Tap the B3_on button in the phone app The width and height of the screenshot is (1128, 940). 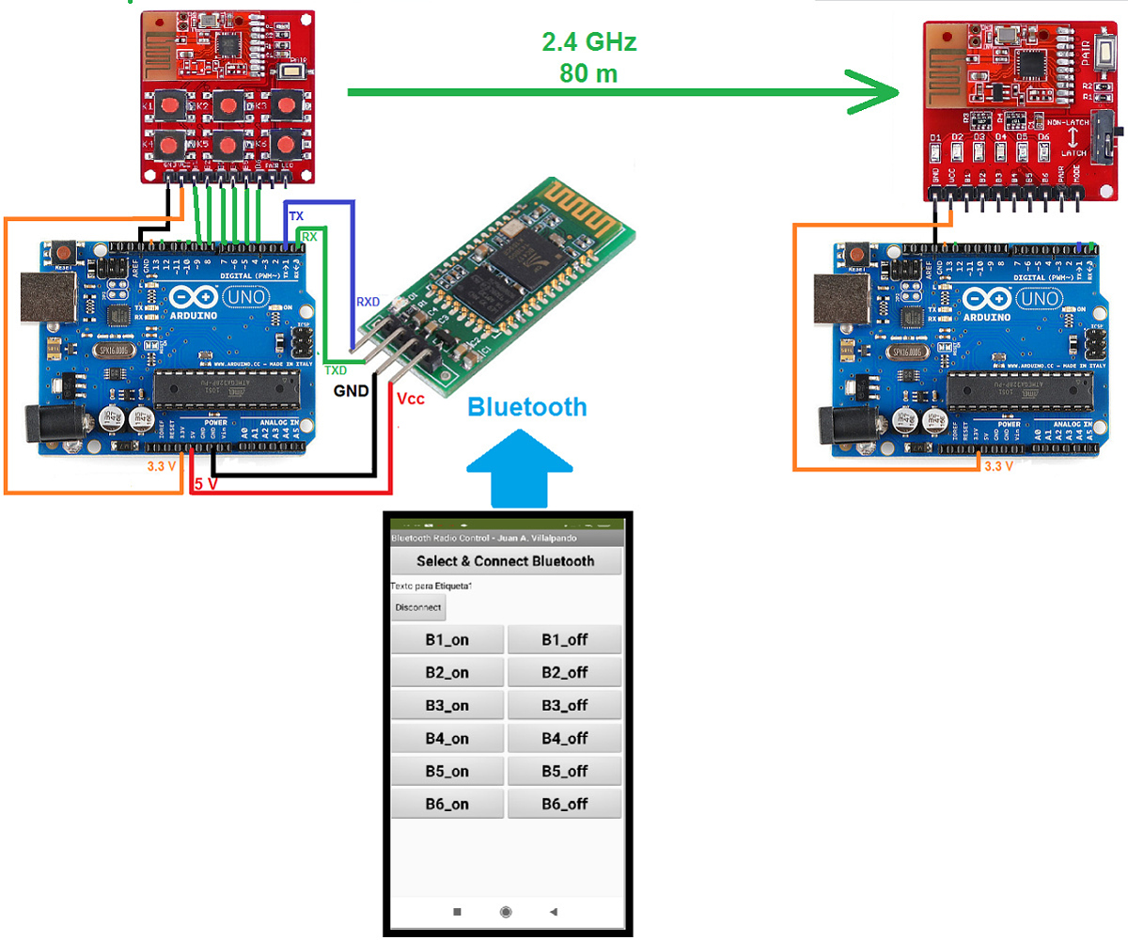click(446, 705)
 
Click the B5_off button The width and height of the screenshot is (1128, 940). click(564, 771)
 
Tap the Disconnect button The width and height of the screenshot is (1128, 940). click(418, 607)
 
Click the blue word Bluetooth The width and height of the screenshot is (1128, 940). click(527, 407)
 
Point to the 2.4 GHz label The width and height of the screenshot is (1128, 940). click(589, 42)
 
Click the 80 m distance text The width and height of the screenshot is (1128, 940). click(589, 73)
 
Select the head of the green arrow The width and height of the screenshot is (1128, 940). click(879, 92)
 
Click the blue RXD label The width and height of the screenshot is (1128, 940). click(368, 302)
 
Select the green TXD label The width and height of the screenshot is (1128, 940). click(336, 370)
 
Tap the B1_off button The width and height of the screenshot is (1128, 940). click(564, 640)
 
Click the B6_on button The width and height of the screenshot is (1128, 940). click(446, 804)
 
